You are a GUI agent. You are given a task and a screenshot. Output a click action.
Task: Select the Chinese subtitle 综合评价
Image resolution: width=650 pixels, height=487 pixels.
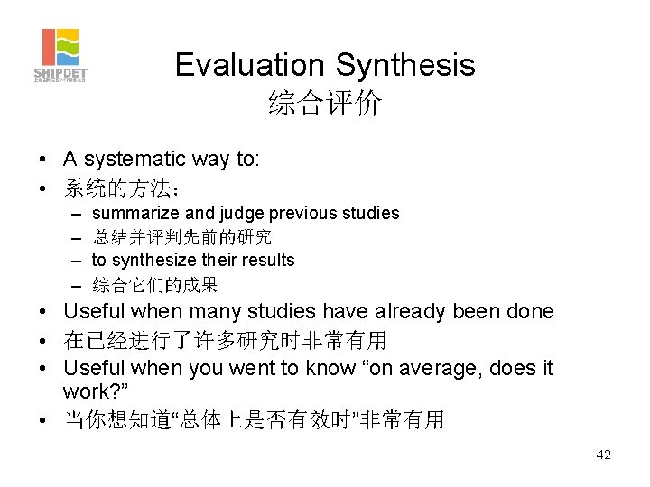click(325, 104)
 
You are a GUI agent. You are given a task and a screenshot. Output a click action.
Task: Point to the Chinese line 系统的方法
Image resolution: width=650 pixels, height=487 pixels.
click(121, 188)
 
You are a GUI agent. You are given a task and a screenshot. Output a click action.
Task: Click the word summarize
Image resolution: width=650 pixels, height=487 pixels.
click(135, 214)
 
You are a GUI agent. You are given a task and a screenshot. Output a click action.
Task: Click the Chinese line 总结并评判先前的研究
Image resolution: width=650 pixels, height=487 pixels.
click(181, 237)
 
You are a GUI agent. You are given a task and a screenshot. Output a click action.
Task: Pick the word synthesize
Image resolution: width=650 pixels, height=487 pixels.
click(153, 260)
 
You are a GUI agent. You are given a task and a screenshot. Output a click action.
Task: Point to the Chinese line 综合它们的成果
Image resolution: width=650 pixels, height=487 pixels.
click(154, 284)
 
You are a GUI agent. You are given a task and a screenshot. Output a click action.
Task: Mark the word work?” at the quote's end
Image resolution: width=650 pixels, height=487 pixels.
click(95, 391)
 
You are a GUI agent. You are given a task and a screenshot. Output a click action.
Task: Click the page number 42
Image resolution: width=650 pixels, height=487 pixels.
click(603, 455)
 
